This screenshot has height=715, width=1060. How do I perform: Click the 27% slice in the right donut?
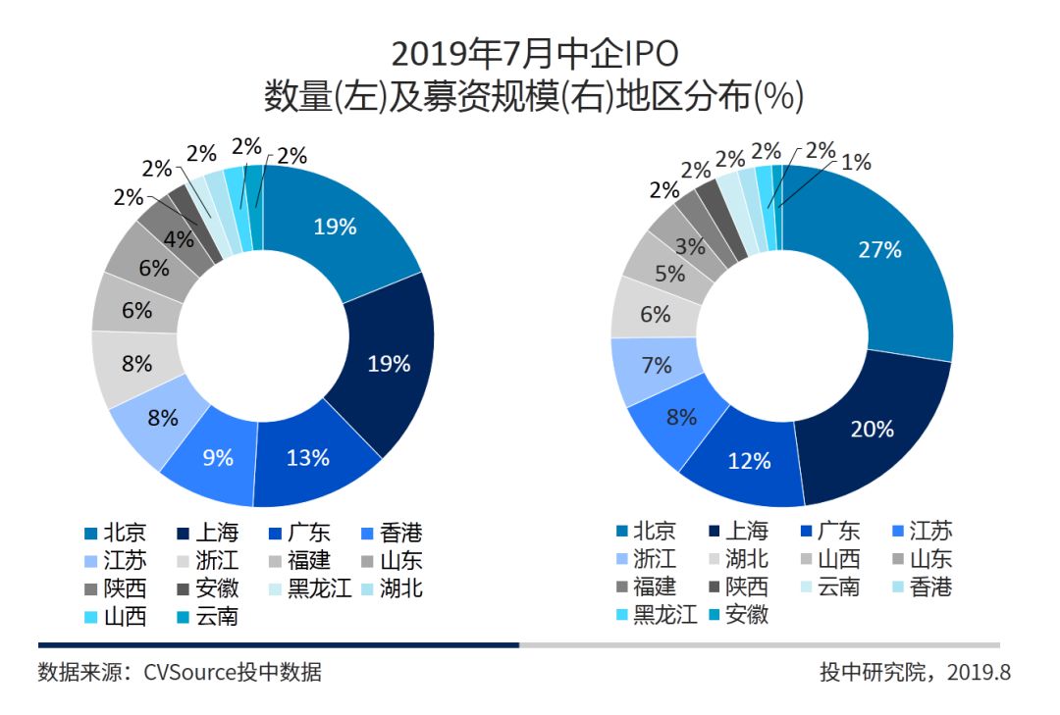coord(879,250)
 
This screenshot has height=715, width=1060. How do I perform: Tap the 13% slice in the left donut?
coord(308,458)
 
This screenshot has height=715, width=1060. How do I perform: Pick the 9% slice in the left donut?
coord(217,457)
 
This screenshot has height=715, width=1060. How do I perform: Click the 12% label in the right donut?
coord(749,460)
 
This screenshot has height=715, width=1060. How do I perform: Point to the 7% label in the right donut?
coord(656,366)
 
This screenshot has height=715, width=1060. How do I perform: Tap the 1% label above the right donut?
coord(855,163)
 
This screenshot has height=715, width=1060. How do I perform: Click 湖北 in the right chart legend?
coord(748,560)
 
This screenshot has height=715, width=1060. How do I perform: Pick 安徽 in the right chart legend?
coord(748,615)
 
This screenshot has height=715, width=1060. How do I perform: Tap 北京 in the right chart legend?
coord(655,532)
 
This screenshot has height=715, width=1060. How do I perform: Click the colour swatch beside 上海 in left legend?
coord(183,535)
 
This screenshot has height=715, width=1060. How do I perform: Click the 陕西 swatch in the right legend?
coord(714,587)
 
